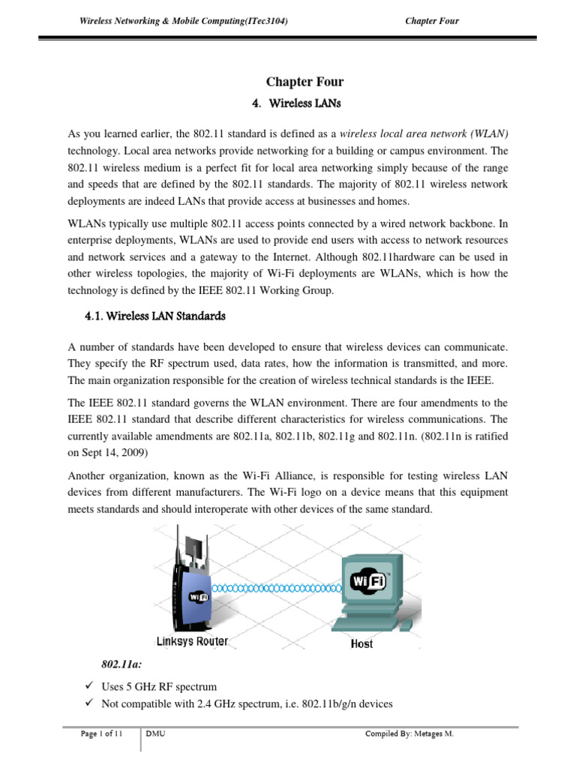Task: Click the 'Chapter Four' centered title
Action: click(304, 82)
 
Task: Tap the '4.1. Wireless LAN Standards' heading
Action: click(156, 316)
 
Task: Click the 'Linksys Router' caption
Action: click(192, 641)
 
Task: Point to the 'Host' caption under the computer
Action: click(361, 643)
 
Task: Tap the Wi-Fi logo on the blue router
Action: click(198, 598)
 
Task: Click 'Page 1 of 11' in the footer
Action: click(101, 733)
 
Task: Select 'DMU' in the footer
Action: click(156, 733)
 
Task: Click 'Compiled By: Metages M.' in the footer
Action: click(409, 733)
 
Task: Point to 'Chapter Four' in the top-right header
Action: click(431, 21)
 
